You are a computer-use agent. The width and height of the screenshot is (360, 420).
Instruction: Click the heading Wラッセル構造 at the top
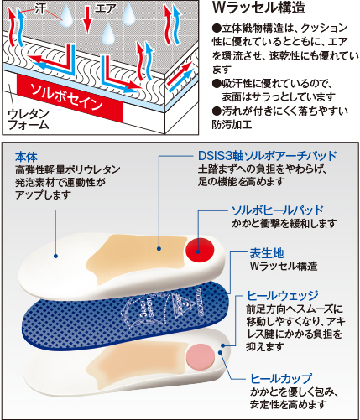tap(258, 8)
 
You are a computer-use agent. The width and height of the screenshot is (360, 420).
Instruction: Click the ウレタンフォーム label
tap(29, 119)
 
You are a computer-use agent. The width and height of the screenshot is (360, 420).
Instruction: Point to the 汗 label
tap(40, 8)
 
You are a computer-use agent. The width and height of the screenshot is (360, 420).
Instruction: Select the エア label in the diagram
tap(105, 8)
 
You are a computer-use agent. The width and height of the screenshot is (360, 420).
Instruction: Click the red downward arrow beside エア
tap(87, 19)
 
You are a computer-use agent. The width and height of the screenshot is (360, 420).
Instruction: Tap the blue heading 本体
tap(26, 157)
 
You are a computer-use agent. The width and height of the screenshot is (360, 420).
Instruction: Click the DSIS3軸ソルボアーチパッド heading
tap(267, 156)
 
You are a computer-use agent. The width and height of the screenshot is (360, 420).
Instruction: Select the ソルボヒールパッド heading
tap(278, 210)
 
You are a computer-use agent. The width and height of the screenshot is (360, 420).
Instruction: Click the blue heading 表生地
tap(267, 253)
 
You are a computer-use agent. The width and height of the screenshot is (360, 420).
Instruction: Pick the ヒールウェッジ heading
tap(283, 295)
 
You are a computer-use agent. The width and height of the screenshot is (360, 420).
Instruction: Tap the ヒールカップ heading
tap(281, 379)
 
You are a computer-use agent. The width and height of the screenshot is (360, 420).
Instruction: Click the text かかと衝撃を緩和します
tap(284, 224)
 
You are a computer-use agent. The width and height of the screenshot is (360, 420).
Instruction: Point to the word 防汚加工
tap(232, 125)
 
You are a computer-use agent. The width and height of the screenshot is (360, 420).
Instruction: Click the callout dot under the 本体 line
tap(55, 256)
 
